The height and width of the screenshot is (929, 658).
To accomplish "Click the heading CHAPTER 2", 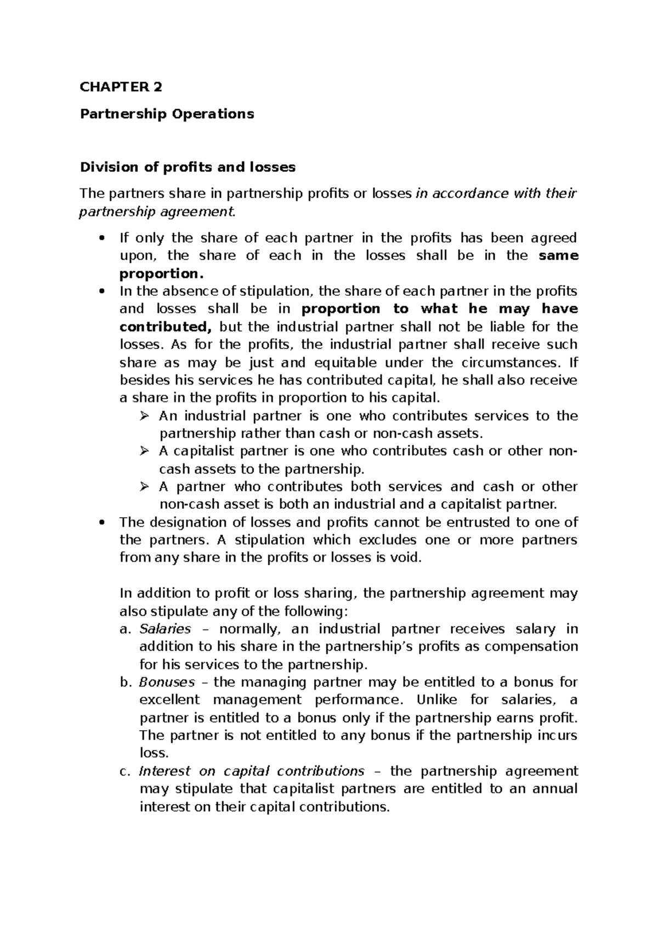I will (x=121, y=87).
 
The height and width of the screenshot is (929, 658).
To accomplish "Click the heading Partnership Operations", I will (x=167, y=114).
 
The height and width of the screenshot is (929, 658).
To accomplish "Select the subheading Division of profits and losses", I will (x=188, y=167).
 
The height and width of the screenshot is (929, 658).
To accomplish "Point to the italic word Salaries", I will (x=165, y=629).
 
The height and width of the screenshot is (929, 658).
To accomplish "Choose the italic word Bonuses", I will (x=167, y=683).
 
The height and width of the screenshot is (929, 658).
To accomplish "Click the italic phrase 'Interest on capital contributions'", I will (x=252, y=771).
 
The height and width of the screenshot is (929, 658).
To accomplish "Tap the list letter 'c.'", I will (x=125, y=771).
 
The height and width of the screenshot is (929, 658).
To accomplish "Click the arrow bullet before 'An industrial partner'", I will (x=145, y=416).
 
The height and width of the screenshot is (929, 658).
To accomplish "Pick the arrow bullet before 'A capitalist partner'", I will (x=145, y=452).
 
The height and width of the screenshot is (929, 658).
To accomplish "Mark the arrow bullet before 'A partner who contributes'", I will (x=145, y=487).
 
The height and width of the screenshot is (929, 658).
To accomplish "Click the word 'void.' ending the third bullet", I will (x=406, y=558).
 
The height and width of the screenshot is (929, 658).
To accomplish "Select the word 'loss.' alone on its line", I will (x=154, y=753).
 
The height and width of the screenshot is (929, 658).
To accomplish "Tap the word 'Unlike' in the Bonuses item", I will (x=436, y=700).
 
